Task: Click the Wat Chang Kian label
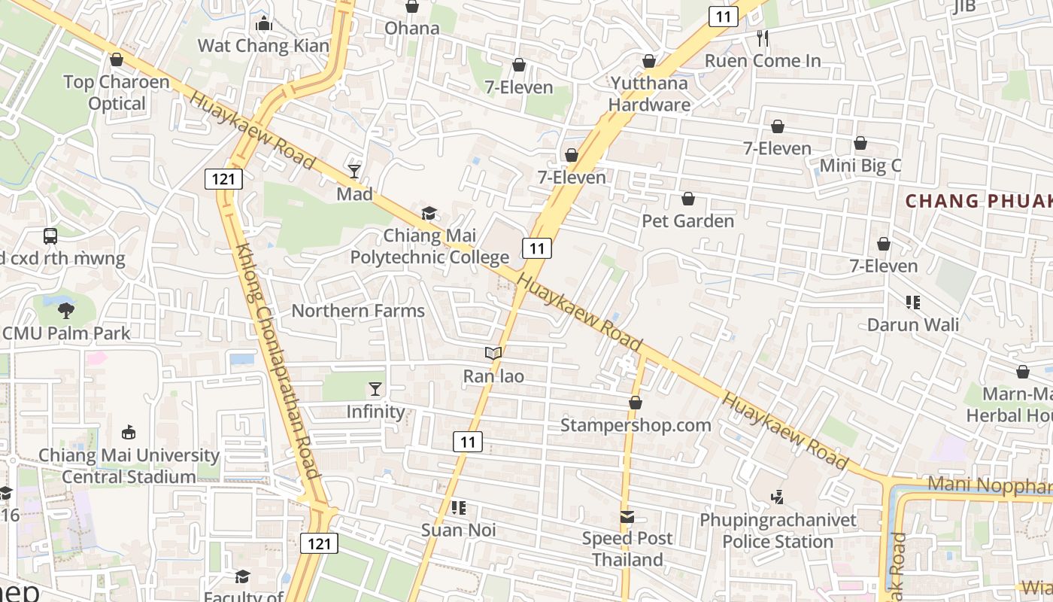pos(263,45)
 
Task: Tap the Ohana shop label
pos(411,29)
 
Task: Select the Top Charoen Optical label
pos(117,93)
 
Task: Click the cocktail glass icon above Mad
pos(354,172)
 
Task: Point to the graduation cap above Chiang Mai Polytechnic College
pos(428,213)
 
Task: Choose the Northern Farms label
pos(358,311)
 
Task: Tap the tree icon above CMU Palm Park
pos(66,310)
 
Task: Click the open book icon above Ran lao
pos(493,353)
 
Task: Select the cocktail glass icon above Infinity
pos(375,389)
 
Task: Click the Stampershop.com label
pos(636,425)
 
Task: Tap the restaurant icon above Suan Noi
pos(459,508)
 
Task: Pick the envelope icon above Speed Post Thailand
pos(627,517)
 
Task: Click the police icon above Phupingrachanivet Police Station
pos(778,497)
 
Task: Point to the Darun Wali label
pos(913,325)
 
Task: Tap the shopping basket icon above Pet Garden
pos(687,199)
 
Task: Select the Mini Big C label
pos(860,166)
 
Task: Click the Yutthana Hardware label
pos(649,93)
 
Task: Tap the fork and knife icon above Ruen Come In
pos(763,38)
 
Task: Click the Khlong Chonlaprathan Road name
pos(278,361)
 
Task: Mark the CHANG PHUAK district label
pos(978,201)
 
